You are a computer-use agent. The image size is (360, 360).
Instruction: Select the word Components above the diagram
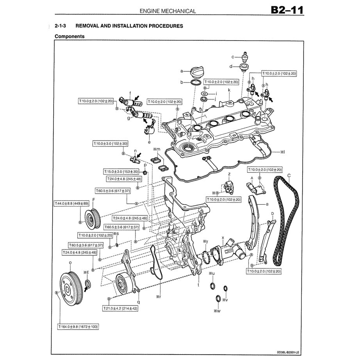coord(70,36)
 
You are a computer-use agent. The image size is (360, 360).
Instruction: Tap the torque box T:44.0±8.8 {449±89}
coord(72,203)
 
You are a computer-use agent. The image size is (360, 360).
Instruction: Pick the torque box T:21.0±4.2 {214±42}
coord(120,308)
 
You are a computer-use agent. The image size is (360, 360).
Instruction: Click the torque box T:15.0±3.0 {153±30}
coord(121,171)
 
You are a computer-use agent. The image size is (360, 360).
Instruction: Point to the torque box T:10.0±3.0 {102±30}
coord(110,144)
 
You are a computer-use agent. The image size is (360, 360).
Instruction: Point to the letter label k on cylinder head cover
coord(229,90)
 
